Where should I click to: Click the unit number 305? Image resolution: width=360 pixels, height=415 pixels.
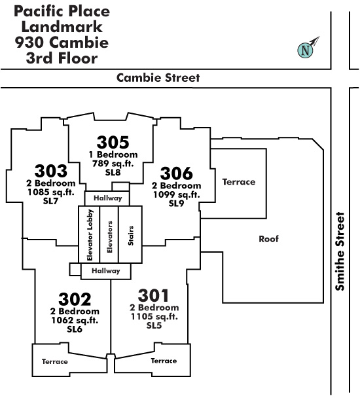[113, 143]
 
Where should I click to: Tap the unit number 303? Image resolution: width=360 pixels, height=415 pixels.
[51, 171]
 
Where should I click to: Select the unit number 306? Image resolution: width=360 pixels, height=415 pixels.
[176, 173]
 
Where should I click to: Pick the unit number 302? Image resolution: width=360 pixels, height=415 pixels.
[75, 299]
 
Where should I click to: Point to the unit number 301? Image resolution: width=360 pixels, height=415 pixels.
[153, 295]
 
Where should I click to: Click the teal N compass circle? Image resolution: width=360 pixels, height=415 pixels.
[305, 50]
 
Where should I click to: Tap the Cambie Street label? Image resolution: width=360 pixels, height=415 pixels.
[158, 78]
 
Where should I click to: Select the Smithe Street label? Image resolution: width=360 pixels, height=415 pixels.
[340, 251]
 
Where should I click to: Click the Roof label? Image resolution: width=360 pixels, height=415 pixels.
[268, 239]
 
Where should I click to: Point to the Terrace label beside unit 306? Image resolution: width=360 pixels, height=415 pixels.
[239, 182]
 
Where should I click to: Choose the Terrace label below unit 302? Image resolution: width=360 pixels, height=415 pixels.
[55, 361]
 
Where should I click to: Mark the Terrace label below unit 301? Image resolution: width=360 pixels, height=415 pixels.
[164, 361]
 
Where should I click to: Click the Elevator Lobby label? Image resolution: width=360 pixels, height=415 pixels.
[90, 235]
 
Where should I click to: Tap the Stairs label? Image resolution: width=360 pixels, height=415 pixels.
[130, 236]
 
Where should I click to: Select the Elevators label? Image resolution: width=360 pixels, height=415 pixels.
[109, 237]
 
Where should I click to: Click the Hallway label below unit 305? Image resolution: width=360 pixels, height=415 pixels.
[108, 198]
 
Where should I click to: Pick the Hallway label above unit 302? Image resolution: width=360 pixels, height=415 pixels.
[106, 271]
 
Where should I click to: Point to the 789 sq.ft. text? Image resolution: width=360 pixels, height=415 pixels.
[113, 164]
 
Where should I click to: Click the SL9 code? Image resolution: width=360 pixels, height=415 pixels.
[176, 204]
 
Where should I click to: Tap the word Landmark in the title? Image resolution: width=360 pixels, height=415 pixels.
[62, 27]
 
